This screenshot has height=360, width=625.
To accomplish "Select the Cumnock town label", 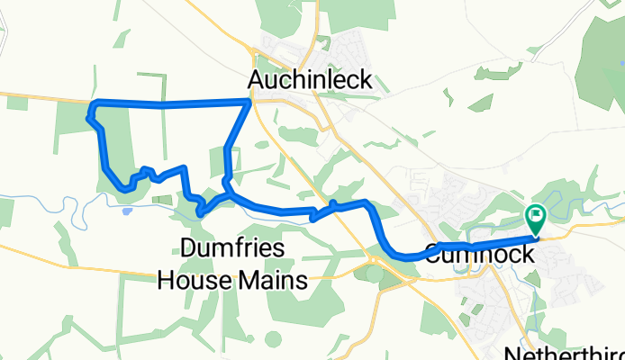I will point(477,255).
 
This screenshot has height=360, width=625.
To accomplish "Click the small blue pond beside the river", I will point(126,211).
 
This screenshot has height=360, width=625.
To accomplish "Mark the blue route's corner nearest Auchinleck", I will point(249,103).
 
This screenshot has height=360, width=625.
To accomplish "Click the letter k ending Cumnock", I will point(527,255).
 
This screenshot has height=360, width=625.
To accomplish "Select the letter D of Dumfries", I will point(189,249).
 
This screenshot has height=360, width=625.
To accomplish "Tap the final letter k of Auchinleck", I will point(365,80).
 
